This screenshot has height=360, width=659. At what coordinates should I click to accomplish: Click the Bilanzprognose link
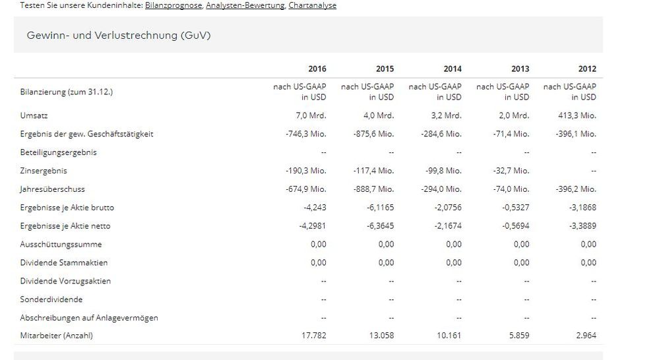pos(173,5)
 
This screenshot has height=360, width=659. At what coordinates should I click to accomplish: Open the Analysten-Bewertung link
pos(245,5)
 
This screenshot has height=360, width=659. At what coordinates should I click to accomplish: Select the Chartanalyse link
pos(312,5)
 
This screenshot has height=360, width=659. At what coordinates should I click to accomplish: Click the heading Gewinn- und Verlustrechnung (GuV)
pos(119,35)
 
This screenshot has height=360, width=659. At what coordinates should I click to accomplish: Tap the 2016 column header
pos(317,69)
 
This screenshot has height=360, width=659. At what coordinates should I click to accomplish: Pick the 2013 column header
pos(520,69)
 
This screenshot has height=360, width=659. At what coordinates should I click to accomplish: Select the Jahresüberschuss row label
pos(52,189)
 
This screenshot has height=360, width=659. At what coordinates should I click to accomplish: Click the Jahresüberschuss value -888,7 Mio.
pos(373,189)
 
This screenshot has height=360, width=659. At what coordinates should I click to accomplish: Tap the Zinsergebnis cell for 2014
pos(443,171)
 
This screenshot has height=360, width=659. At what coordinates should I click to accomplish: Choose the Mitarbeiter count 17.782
pos(313,336)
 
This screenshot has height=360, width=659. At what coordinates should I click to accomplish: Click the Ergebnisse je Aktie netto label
pos(65,226)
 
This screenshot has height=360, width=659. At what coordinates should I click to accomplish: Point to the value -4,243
pos(314,208)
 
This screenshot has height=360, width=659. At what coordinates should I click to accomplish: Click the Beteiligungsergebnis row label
pos(58,152)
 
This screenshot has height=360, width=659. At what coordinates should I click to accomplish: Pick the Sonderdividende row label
pos(51,299)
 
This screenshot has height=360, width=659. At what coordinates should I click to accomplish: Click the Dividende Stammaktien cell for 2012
pos(587,262)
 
